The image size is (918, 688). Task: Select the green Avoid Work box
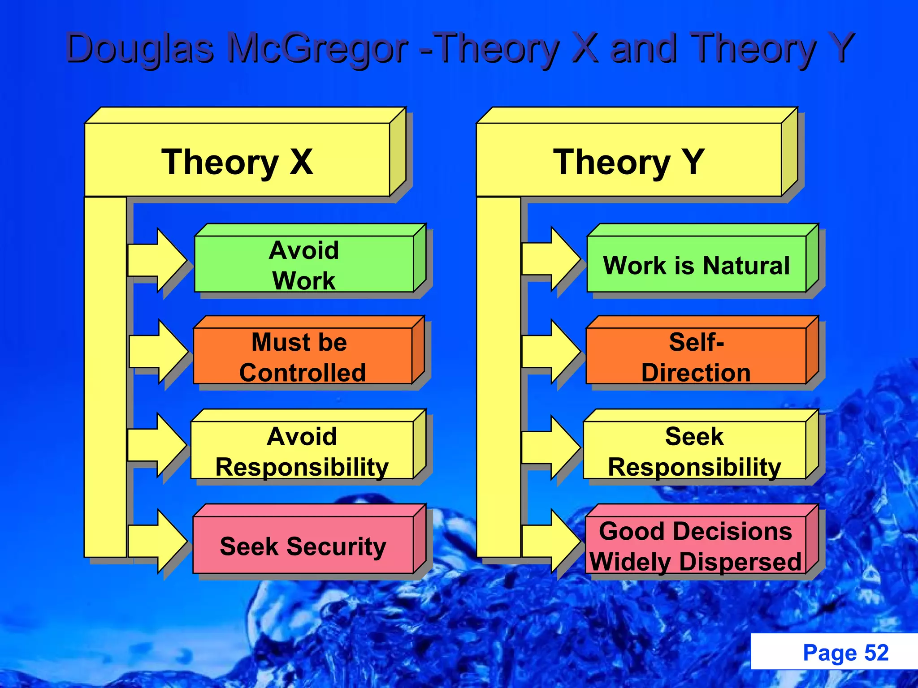[304, 264]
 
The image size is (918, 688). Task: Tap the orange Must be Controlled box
[303, 357]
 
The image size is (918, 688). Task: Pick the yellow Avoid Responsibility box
[302, 451]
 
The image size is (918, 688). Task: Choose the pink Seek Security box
[303, 546]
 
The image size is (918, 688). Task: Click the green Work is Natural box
[696, 265]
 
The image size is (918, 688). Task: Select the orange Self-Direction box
[696, 357]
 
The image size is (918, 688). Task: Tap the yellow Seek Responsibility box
[694, 451]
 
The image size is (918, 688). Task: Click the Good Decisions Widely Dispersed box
[695, 546]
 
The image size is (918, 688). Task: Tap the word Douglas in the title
[139, 48]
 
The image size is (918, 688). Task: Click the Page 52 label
[845, 653]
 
